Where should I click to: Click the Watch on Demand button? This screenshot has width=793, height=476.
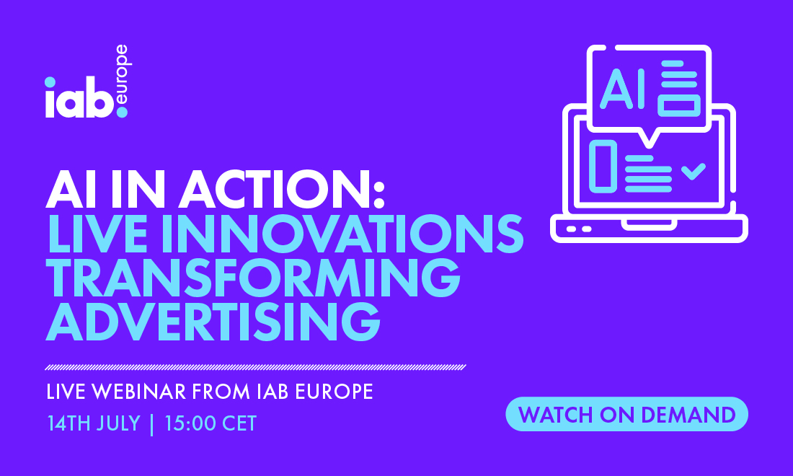[626, 414]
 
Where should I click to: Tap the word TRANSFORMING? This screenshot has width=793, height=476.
[253, 278]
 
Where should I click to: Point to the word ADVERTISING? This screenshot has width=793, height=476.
[213, 322]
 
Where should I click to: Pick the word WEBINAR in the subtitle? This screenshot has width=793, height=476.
[139, 392]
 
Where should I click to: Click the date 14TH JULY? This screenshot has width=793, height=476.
[94, 423]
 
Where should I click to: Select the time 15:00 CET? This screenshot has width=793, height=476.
[211, 423]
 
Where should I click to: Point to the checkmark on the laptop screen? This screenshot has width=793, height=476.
[694, 172]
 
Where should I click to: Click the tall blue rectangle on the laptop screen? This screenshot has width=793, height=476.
[603, 167]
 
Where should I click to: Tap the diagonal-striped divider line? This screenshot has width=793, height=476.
[255, 367]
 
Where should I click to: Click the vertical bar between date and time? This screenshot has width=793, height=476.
[152, 424]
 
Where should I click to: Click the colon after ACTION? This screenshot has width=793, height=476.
[379, 192]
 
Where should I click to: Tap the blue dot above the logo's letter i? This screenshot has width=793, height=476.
[50, 82]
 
